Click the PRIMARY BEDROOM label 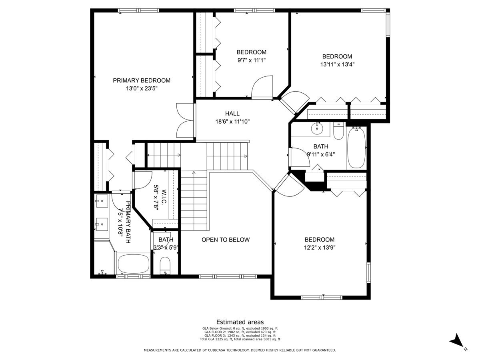pyautogui.click(x=141, y=80)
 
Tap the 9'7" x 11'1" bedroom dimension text pyautogui.click(x=251, y=60)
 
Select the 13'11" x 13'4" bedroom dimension pyautogui.click(x=337, y=64)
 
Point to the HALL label pyautogui.click(x=232, y=114)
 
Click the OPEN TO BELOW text pyautogui.click(x=225, y=240)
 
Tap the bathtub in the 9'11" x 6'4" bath pyautogui.click(x=356, y=148)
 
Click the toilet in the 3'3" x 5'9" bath pyautogui.click(x=165, y=266)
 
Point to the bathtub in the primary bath pyautogui.click(x=133, y=264)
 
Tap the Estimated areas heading pyautogui.click(x=240, y=322)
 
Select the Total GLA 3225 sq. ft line pyautogui.click(x=240, y=339)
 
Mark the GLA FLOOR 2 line pyautogui.click(x=240, y=332)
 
